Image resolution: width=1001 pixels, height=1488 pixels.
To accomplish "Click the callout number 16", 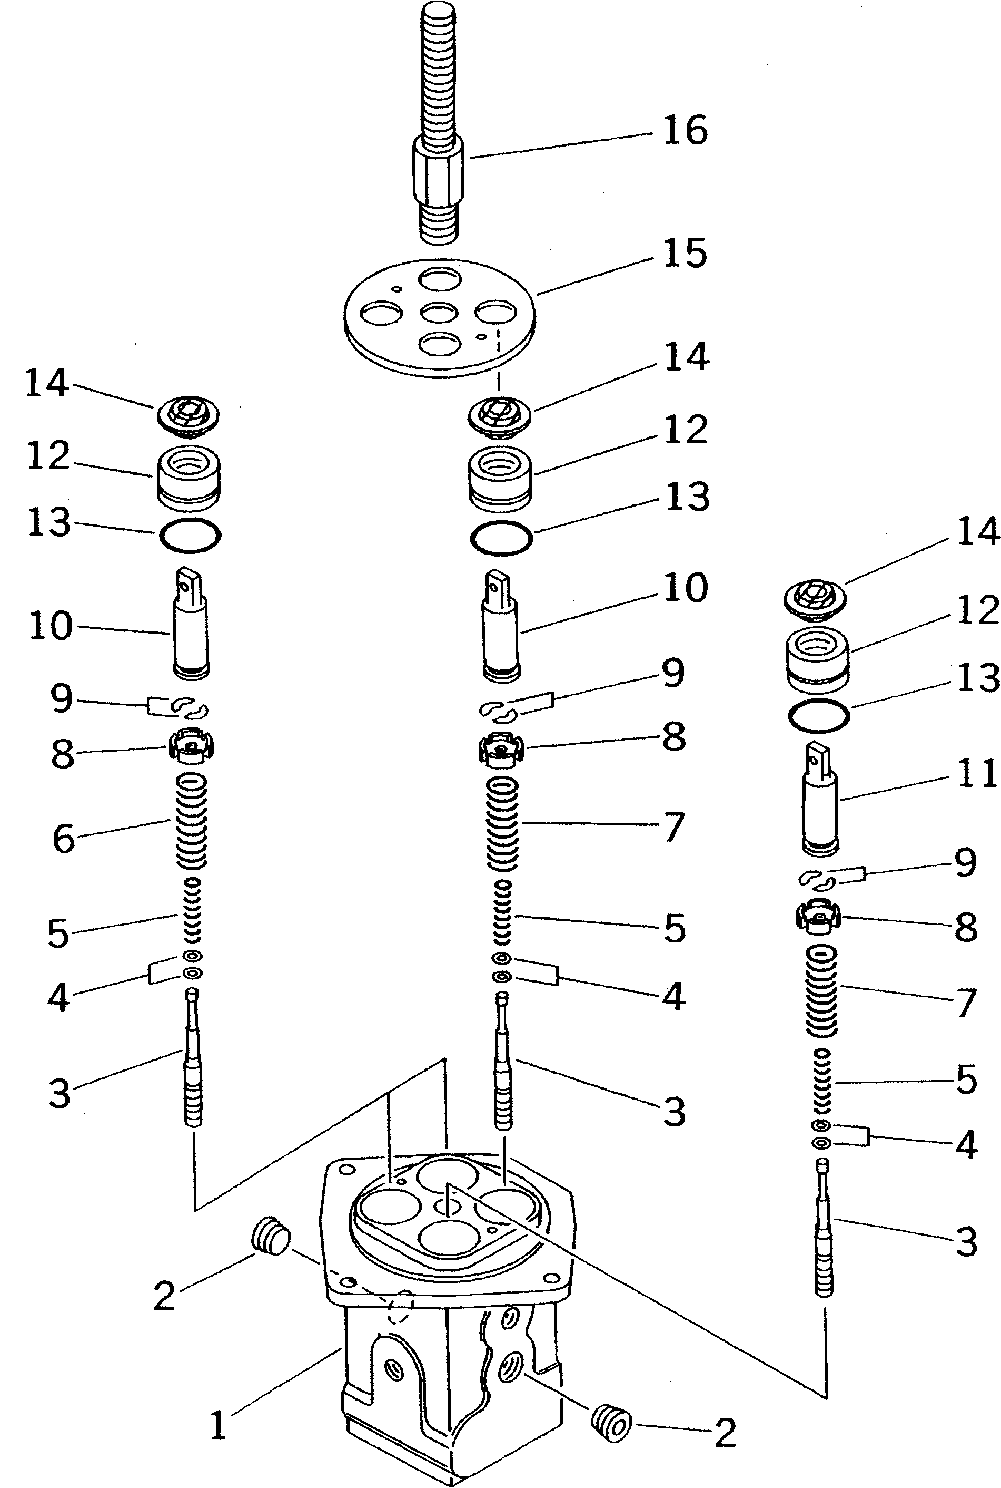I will [x=685, y=130].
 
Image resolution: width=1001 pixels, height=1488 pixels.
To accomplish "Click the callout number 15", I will [x=685, y=254].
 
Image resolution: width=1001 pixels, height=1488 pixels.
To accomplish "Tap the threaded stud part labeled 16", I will [x=439, y=128].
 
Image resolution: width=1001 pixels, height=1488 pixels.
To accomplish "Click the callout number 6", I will [x=63, y=838].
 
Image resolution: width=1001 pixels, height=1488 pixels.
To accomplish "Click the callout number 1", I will [x=219, y=1425].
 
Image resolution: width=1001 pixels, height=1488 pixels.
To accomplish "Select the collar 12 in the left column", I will [x=189, y=478].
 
